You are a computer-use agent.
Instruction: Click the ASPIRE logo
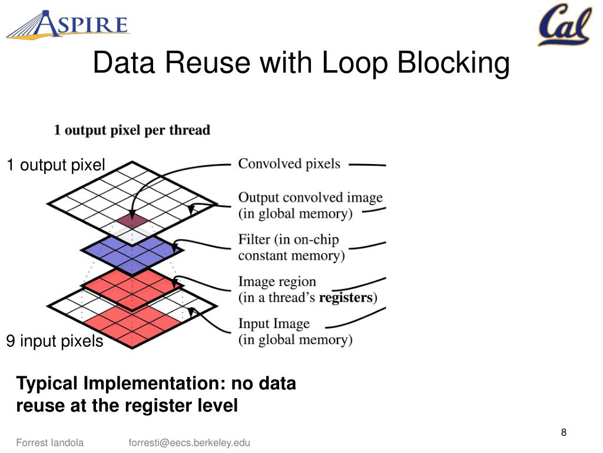pos(68,24)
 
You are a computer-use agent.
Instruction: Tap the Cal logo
pos(565,24)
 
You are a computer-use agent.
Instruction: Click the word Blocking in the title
pos(453,63)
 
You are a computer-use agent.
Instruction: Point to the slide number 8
pos(564,432)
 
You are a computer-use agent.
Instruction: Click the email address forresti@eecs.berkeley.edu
pos(189,443)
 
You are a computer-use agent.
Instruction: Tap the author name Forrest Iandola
pos(50,442)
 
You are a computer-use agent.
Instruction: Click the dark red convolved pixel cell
pos(132,221)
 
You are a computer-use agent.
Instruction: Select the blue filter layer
pos(132,250)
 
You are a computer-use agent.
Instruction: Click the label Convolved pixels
pos(289,164)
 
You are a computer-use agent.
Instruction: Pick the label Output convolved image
pos(310,197)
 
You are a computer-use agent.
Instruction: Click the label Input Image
pos(274,324)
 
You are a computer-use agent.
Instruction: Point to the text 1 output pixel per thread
pos(132,130)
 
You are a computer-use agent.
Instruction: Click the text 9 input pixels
pos(55,342)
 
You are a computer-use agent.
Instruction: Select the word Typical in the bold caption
pos(47,383)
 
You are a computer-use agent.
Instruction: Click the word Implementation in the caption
pos(154,383)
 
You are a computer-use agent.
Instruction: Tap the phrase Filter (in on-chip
pos(289,239)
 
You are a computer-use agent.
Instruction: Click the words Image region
pos(277,281)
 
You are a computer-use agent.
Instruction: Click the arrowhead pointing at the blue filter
pos(175,247)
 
